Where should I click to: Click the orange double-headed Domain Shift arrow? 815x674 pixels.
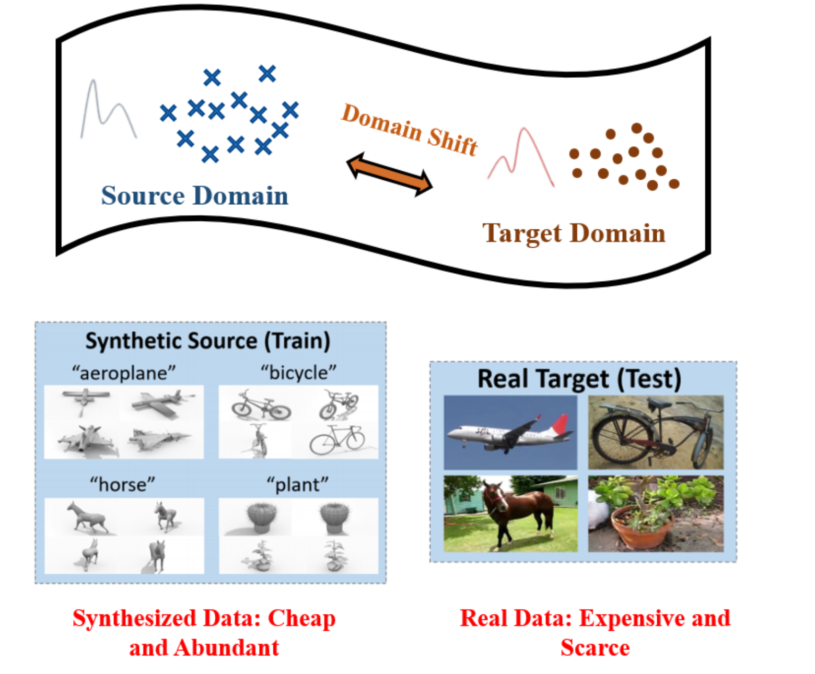click(x=390, y=174)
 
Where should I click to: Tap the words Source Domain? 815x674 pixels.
click(x=194, y=196)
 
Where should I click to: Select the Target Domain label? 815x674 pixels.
click(x=574, y=233)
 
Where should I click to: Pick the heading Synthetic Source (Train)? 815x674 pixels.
click(x=208, y=341)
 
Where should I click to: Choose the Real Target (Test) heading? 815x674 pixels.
click(x=579, y=379)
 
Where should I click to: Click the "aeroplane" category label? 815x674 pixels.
click(x=124, y=373)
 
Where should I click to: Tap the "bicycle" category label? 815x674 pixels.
click(x=298, y=373)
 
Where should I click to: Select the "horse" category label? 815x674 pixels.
click(x=123, y=484)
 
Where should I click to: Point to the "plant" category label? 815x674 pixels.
click(x=298, y=484)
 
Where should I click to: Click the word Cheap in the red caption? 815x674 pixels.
click(x=301, y=619)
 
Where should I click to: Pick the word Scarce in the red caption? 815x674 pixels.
click(x=595, y=648)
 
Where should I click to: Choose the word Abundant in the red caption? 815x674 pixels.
click(x=227, y=648)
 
